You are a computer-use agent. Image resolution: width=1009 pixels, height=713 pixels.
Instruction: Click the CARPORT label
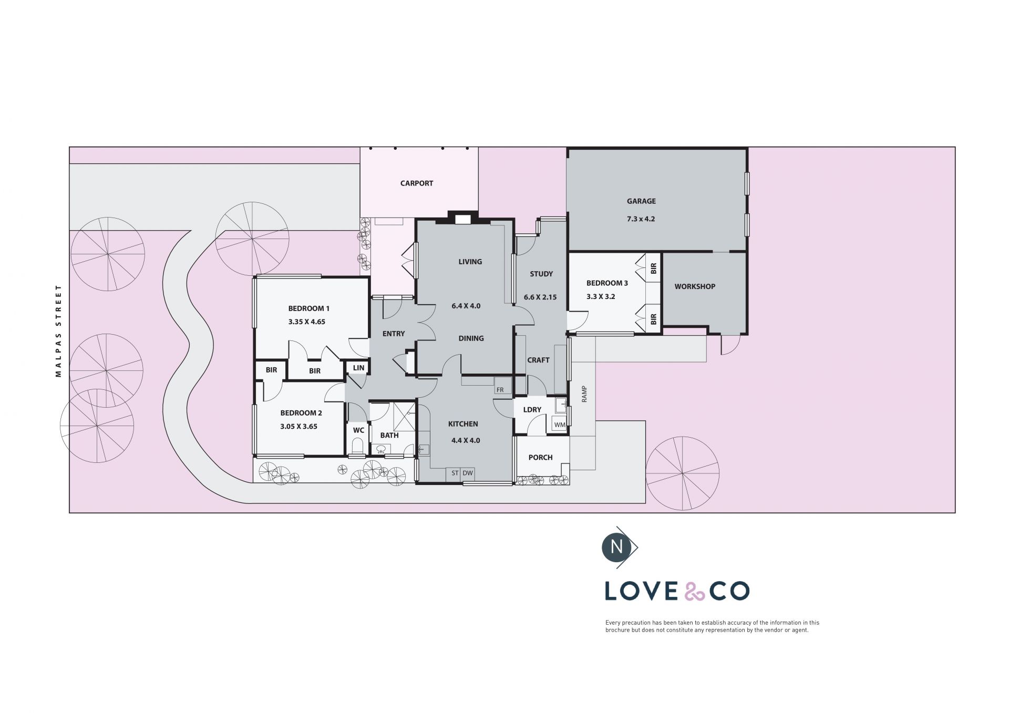point(417,183)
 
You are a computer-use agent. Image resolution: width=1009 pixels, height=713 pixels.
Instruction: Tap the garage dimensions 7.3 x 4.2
point(641,219)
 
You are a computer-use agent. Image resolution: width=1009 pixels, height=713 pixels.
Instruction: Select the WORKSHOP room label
point(695,286)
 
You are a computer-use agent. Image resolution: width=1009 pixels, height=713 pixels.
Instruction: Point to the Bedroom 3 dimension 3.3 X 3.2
point(601,296)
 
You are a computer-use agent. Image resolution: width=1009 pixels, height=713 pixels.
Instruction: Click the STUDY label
point(541,274)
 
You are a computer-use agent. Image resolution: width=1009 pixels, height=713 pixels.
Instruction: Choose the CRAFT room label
point(538,360)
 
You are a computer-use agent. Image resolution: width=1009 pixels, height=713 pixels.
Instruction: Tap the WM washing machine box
point(560,425)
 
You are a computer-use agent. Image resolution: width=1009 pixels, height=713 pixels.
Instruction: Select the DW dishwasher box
point(468,473)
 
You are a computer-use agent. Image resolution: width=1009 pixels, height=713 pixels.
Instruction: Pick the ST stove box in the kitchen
point(455,473)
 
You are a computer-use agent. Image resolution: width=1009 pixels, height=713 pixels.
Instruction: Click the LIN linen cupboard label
point(358,368)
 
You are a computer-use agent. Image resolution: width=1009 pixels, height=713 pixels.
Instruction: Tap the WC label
point(358,430)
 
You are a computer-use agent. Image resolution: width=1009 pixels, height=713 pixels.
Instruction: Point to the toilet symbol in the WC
point(357,447)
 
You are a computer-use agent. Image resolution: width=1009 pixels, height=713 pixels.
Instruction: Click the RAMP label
point(584,394)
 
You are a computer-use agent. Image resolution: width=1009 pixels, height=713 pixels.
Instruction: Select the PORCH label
point(540,457)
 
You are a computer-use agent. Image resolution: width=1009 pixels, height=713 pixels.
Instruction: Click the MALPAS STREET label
point(58,331)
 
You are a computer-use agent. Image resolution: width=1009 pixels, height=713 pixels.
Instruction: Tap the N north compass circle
point(617,547)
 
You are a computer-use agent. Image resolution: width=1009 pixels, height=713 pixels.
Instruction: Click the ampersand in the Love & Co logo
point(695,592)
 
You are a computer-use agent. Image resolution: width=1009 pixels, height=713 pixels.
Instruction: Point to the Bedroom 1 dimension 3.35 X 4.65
point(307,322)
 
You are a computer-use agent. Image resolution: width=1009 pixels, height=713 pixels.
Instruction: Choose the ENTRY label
point(394,334)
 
